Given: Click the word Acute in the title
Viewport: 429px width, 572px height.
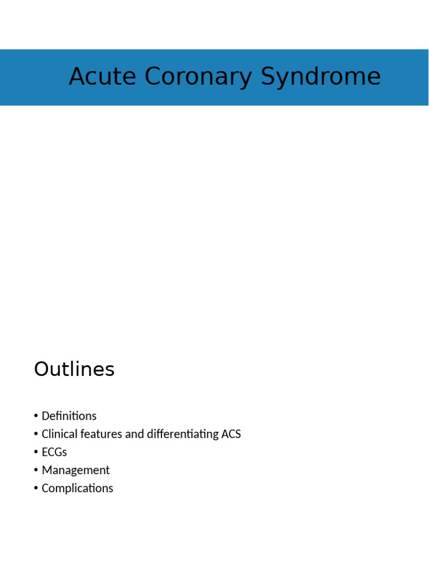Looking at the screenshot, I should pos(102,77).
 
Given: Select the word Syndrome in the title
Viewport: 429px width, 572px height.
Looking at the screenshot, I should pos(321,77).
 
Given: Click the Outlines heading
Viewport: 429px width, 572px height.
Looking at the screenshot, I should pos(74,369).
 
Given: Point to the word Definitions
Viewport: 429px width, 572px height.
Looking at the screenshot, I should pos(69,416).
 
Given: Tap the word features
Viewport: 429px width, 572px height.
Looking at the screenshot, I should pos(100,434).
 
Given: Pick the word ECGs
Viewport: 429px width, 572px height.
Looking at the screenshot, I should pos(54,452).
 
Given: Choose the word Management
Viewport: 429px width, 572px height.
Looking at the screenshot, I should pos(75,470).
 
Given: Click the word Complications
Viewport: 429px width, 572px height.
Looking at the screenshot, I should pos(77,488).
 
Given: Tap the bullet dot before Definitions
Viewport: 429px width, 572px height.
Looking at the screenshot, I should pos(36,416).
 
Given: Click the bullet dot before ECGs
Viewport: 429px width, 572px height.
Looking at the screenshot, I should pos(36,452).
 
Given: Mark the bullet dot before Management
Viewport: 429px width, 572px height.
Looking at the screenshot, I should pos(36,470).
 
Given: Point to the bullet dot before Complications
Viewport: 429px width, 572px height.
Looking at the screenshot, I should pos(36,488).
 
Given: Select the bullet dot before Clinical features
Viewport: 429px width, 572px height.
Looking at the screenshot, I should pos(36,434).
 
